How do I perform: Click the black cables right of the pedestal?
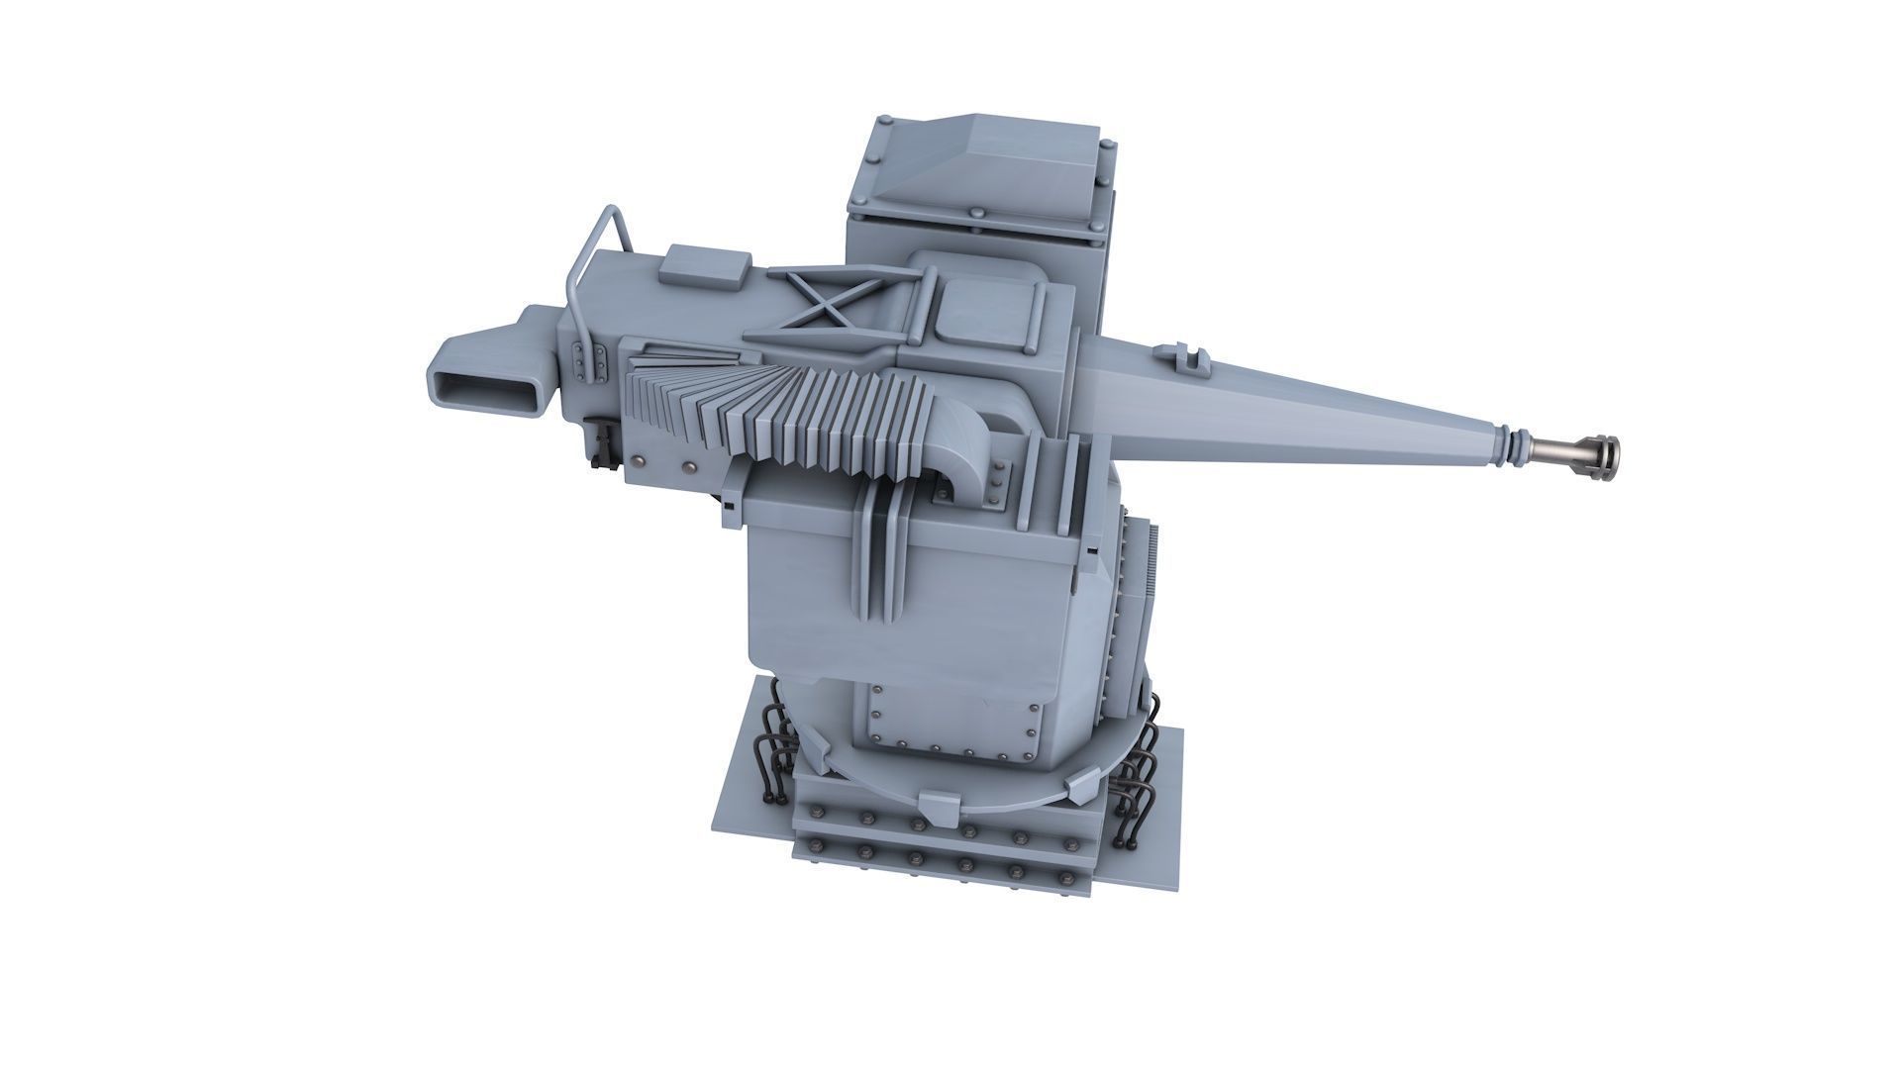[1139, 772]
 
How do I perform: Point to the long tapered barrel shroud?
[1287, 396]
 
